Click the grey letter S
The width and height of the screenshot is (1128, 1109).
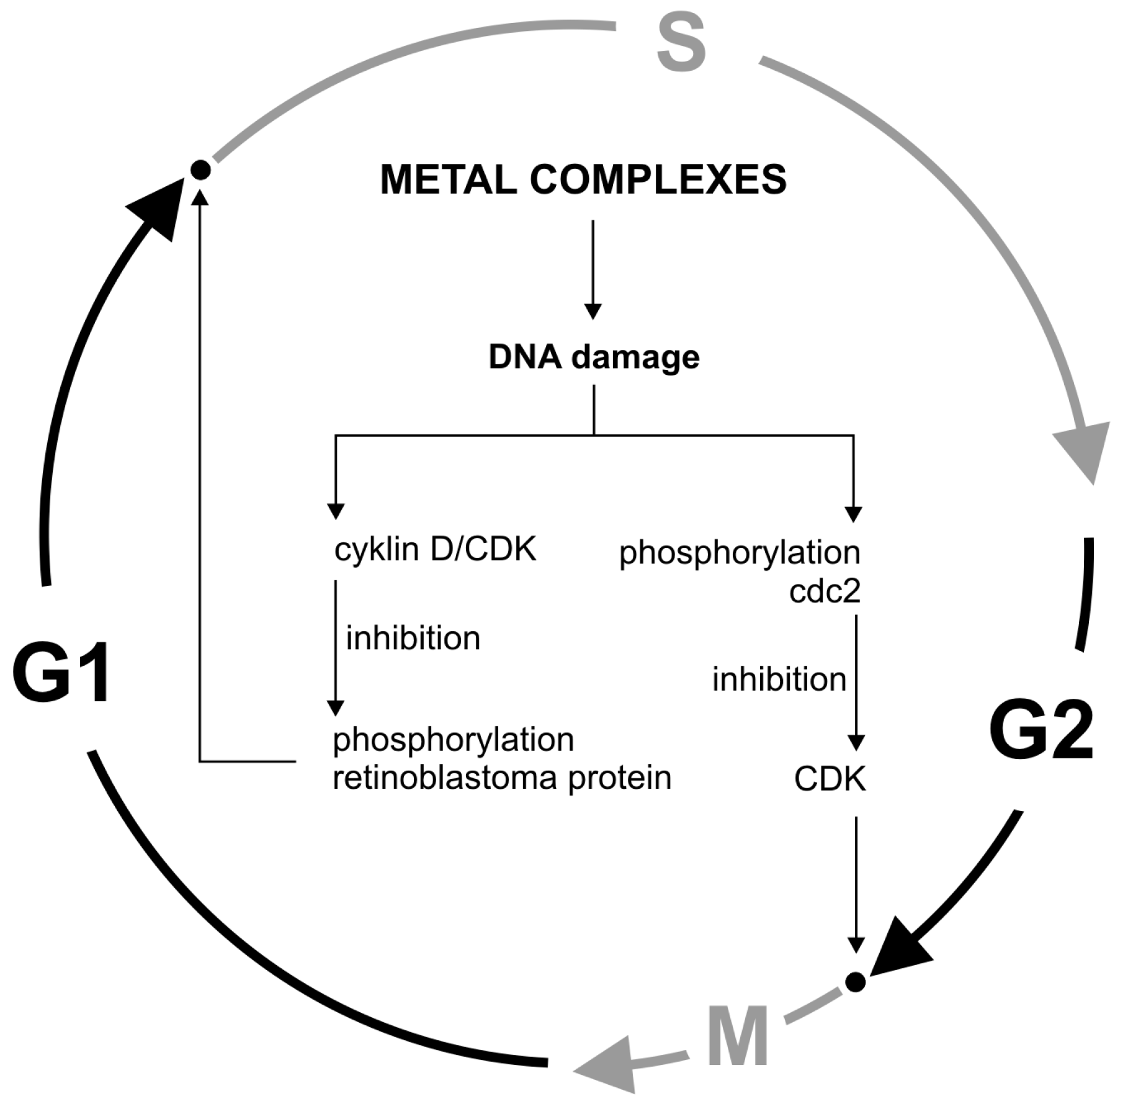tap(681, 43)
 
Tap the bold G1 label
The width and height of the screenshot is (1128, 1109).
tap(62, 673)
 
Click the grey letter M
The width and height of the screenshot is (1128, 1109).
tap(737, 1037)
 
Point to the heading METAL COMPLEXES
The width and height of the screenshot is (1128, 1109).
tap(583, 179)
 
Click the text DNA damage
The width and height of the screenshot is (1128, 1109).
tap(594, 357)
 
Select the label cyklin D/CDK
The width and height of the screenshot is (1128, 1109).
tap(435, 549)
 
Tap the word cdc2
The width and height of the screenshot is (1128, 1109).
tap(825, 591)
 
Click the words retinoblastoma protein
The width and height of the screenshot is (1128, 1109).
tap(502, 778)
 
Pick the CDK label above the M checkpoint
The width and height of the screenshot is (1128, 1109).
tap(830, 779)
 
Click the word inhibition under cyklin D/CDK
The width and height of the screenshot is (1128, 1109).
tap(413, 638)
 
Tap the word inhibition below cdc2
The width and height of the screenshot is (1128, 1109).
tap(779, 679)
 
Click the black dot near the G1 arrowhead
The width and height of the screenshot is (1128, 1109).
tap(200, 169)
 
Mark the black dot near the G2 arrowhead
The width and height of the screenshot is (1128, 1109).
tap(856, 981)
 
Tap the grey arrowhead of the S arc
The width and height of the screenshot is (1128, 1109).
tap(1083, 450)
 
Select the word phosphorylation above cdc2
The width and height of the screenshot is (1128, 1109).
tap(740, 552)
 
